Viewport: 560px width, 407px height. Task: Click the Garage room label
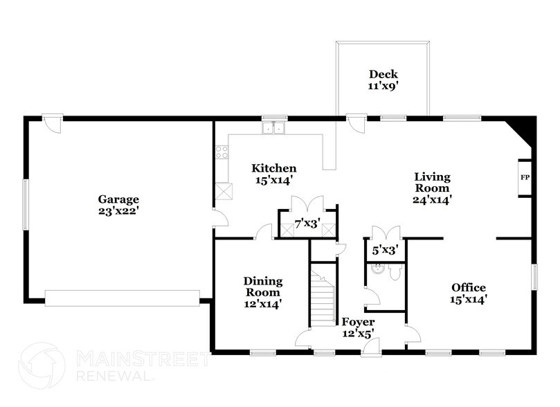coord(118,206)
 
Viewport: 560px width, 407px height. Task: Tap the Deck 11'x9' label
coord(383,81)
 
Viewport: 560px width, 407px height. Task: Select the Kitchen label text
coord(274,174)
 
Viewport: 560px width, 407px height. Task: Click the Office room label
coord(469,293)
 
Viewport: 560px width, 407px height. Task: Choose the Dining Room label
coord(262,291)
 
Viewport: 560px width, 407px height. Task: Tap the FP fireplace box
coord(524,178)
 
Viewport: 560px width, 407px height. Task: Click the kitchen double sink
coord(274,127)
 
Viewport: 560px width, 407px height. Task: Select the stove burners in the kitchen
coord(222,152)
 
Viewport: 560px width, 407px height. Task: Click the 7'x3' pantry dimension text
coord(307,224)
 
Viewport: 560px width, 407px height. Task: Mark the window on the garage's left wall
coord(26,204)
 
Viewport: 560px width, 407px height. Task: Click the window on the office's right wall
coord(534,277)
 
